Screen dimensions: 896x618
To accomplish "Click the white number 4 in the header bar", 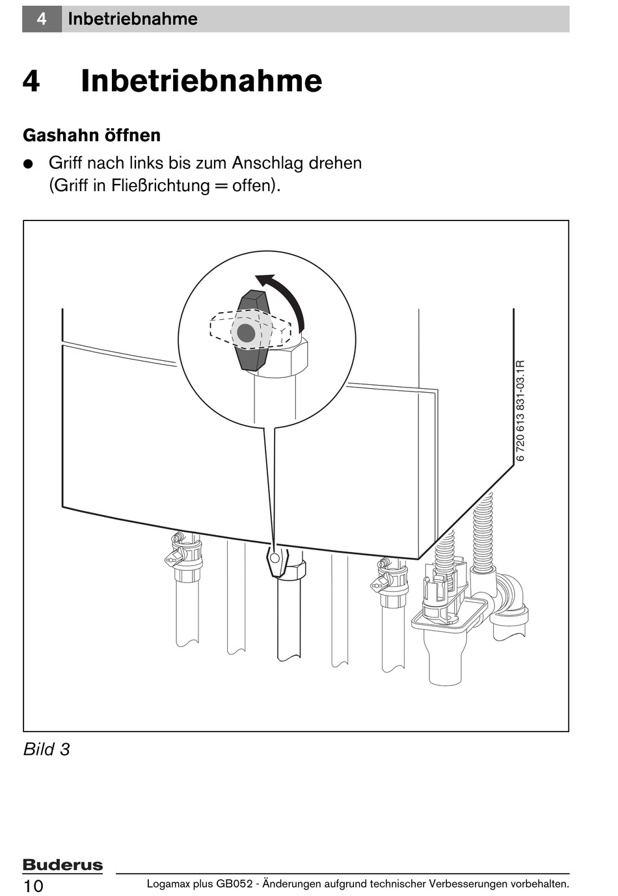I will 42,19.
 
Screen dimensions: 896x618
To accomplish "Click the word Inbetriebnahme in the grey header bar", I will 133,19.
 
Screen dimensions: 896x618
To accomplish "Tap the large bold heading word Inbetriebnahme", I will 201,81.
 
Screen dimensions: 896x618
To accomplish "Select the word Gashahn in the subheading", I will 59,135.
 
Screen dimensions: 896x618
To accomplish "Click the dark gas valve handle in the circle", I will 251,332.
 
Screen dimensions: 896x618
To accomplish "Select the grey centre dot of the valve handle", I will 246,333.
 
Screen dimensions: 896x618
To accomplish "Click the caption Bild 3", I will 46,749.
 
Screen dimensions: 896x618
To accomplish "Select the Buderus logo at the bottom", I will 62,865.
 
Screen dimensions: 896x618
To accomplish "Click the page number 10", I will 33,886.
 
